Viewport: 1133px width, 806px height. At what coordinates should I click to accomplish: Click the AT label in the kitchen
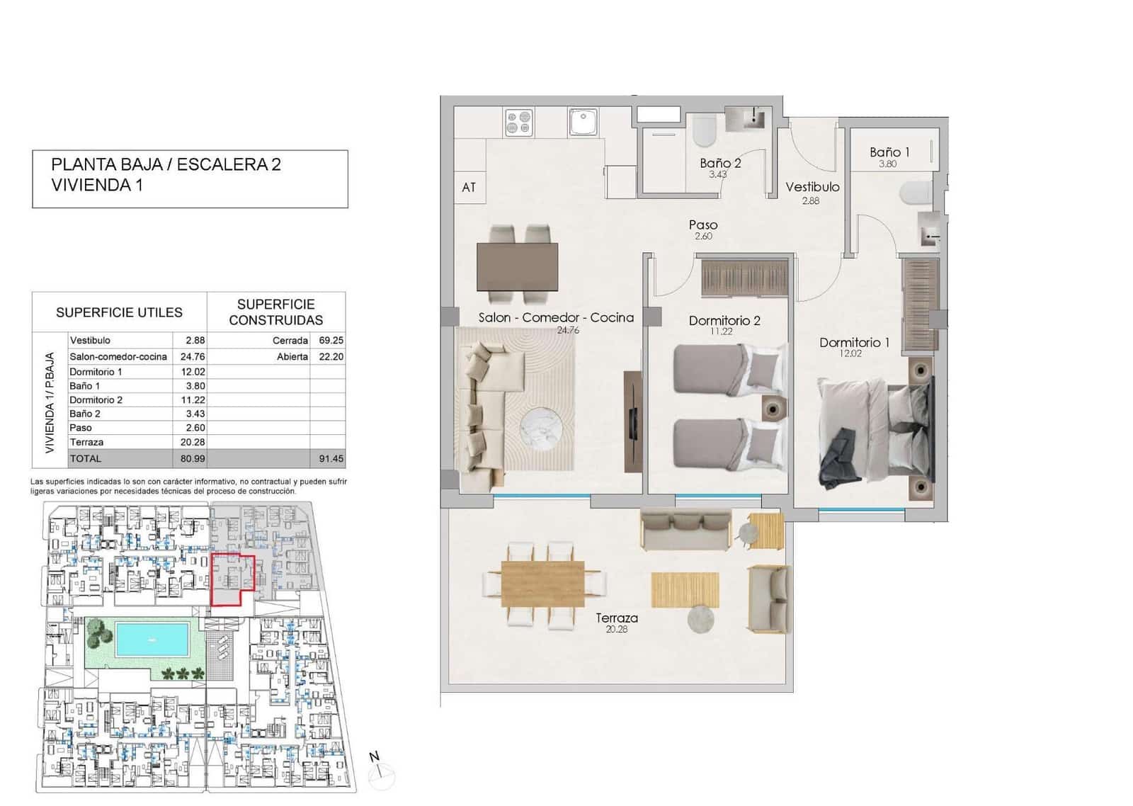pyautogui.click(x=469, y=188)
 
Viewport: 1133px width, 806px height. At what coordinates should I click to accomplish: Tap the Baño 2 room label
pyautogui.click(x=720, y=163)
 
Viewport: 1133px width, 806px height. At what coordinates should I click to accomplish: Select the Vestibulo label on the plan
pyautogui.click(x=812, y=187)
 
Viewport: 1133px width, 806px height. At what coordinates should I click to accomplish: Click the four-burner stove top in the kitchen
pyautogui.click(x=519, y=123)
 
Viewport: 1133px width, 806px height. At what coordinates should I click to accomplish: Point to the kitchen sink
pyautogui.click(x=583, y=122)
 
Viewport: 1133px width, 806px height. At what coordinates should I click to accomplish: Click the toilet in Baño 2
pyautogui.click(x=705, y=132)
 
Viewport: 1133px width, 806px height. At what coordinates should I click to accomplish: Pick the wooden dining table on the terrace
pyautogui.click(x=543, y=584)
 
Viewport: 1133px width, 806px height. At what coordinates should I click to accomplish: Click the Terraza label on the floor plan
pyautogui.click(x=616, y=618)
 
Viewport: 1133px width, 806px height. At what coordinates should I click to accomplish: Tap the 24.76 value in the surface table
pyautogui.click(x=193, y=356)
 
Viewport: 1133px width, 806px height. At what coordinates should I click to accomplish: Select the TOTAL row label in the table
pyautogui.click(x=86, y=458)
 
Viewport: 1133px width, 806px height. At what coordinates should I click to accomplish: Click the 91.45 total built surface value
pyautogui.click(x=331, y=458)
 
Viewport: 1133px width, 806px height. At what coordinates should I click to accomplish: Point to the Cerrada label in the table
pyautogui.click(x=290, y=341)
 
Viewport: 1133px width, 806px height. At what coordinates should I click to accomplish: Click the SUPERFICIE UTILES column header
pyautogui.click(x=119, y=312)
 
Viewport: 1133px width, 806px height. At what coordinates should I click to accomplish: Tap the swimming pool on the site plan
pyautogui.click(x=152, y=639)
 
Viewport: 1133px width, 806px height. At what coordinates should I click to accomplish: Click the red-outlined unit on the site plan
pyautogui.click(x=232, y=577)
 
